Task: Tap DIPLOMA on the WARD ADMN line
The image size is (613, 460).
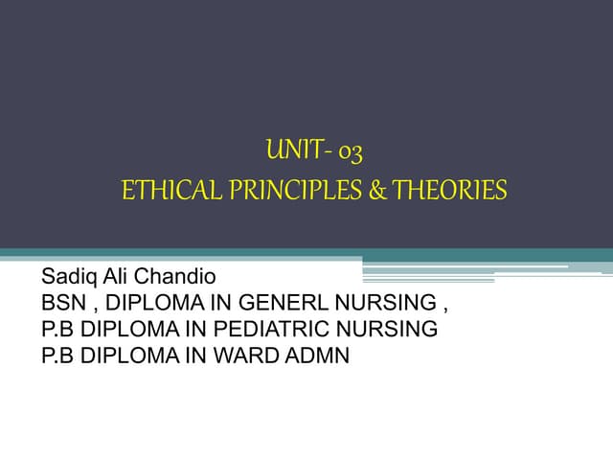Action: (125, 356)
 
